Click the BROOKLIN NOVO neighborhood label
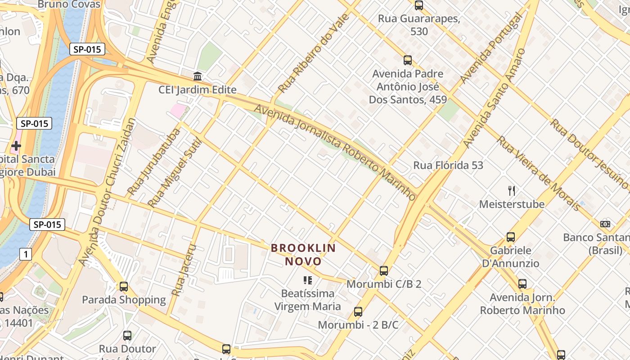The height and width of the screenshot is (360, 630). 303,254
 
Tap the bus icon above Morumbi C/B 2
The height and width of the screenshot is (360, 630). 383,270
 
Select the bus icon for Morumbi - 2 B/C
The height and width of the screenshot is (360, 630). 358,311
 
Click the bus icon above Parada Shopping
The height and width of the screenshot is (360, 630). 124,286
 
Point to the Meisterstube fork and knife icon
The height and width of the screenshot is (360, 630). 512,191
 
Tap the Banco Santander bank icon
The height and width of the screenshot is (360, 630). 605,224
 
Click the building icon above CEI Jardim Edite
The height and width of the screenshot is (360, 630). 197,76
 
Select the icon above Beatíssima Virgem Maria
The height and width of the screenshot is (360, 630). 308,280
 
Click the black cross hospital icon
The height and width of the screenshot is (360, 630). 16,145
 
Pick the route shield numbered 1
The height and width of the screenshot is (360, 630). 26,254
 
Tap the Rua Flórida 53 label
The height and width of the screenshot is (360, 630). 448,165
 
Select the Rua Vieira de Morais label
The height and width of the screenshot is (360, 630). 538,173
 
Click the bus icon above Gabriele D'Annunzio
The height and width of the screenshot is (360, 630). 510,237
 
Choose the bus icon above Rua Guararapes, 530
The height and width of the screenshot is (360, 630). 418,5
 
